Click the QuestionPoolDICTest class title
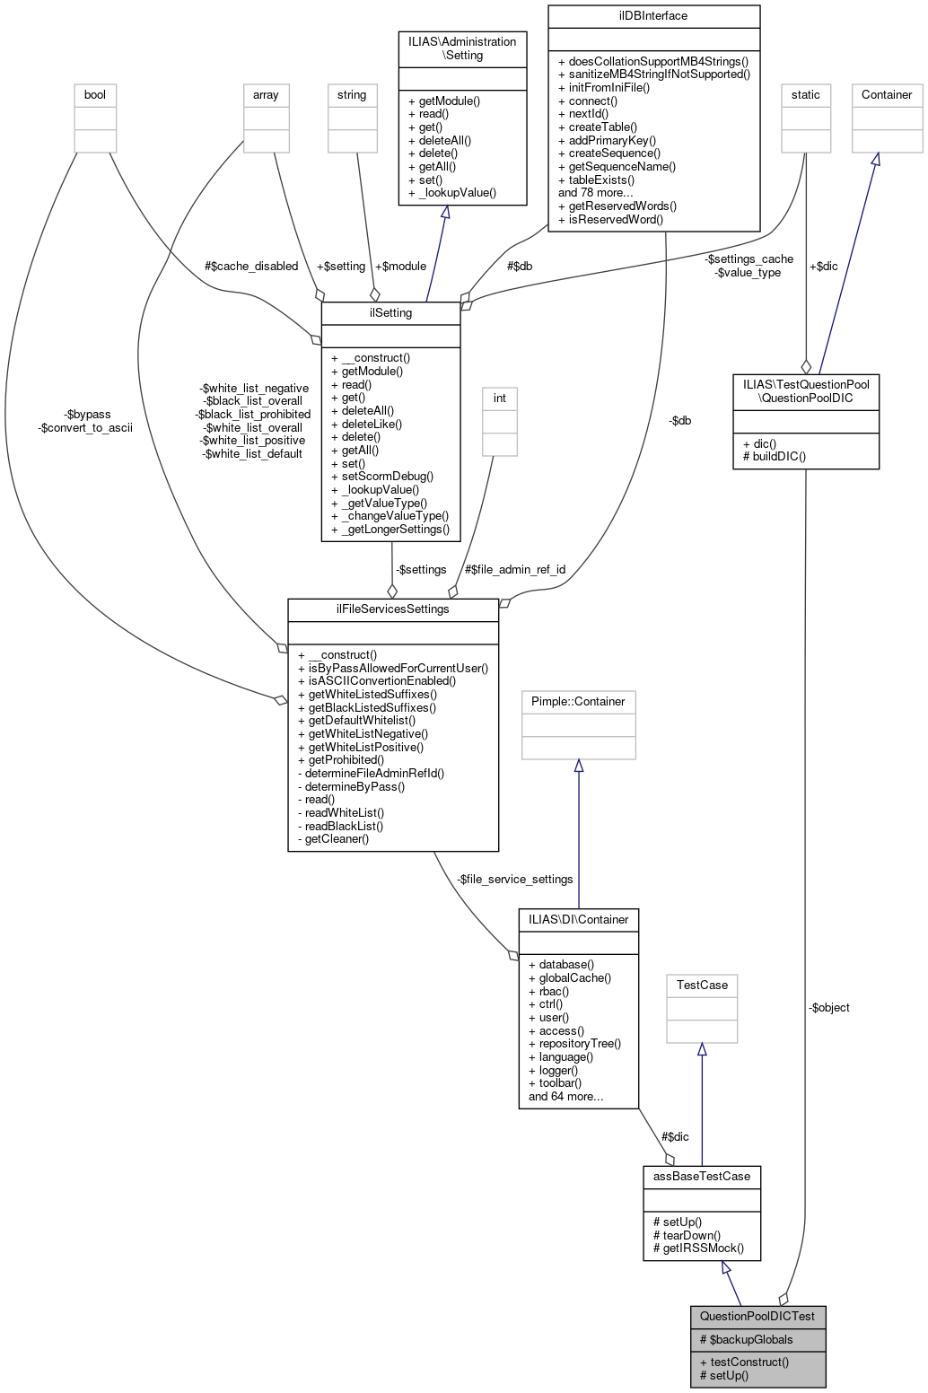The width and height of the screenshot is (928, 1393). coord(757,1316)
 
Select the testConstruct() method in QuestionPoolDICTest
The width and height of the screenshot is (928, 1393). coord(744,1362)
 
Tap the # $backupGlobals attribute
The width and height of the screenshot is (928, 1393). coord(746,1339)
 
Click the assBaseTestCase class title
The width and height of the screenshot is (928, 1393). coord(701,1176)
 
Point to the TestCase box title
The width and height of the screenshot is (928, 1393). coord(702,985)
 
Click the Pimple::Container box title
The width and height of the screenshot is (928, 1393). coord(578,701)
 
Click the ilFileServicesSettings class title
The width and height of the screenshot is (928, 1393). coord(392,609)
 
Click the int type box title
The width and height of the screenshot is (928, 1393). coord(500,398)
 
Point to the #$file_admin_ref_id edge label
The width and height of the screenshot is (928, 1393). coord(515,569)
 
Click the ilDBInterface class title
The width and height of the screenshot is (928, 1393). coord(653,15)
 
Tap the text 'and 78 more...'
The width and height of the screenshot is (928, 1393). coord(596,192)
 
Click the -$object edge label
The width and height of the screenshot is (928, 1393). coord(828,1007)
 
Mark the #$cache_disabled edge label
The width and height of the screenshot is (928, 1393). coord(251,266)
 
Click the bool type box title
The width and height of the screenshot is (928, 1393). coord(94,94)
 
